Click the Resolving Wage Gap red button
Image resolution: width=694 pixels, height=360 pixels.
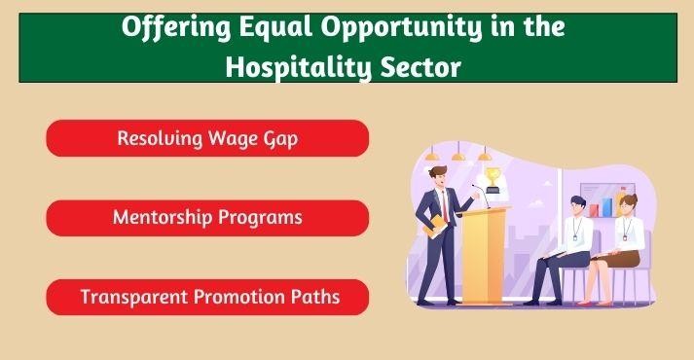(207, 138)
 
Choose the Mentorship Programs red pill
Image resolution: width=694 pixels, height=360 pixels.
(207, 217)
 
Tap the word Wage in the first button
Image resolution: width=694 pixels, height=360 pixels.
(231, 138)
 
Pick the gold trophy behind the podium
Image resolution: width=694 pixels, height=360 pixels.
(493, 178)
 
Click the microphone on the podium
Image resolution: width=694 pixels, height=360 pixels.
(476, 188)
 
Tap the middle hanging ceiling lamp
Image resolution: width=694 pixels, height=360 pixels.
(457, 154)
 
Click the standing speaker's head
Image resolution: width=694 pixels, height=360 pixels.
(439, 176)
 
